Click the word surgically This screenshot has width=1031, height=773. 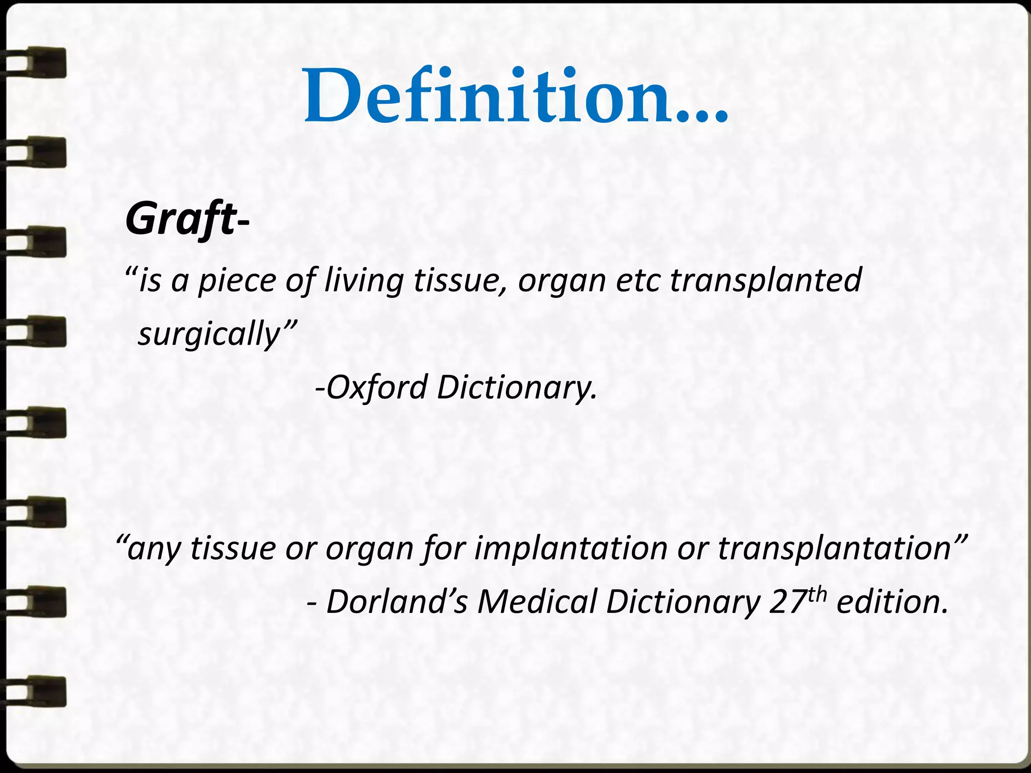(209, 334)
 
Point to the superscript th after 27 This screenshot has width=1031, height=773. (817, 594)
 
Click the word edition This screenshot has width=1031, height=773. (892, 601)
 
